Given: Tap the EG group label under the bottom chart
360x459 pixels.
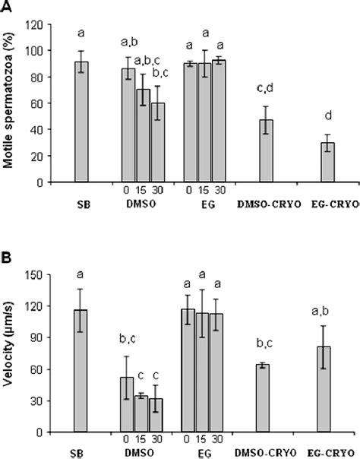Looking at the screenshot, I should (x=204, y=453).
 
